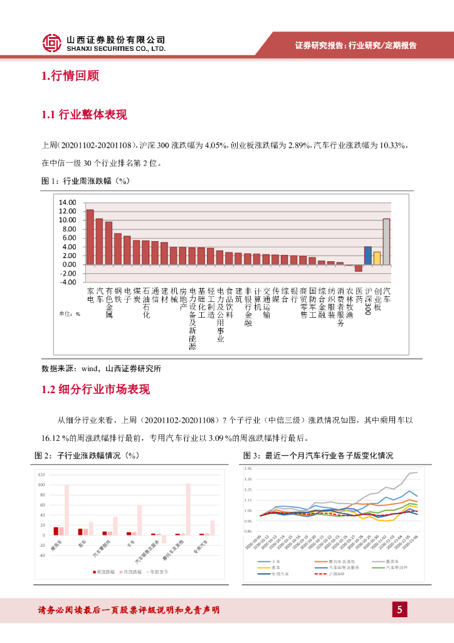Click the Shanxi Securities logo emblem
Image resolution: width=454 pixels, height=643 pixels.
click(x=52, y=43)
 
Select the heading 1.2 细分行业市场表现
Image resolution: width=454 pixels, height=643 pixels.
click(x=95, y=389)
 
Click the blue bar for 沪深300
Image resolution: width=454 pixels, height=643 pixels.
click(x=367, y=256)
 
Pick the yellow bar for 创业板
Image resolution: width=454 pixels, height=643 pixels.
click(x=377, y=258)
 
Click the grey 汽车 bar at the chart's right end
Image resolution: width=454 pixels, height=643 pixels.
click(x=386, y=242)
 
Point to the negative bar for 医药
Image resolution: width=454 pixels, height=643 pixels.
click(x=359, y=268)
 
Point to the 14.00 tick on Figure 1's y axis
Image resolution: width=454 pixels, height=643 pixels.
click(x=67, y=203)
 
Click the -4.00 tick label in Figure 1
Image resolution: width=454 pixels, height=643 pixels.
click(x=67, y=282)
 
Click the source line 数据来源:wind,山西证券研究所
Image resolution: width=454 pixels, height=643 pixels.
click(x=105, y=369)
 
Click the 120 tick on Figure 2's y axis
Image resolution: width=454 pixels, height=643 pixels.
click(x=41, y=474)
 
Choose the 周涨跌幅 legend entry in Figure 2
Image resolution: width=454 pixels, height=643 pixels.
click(x=107, y=572)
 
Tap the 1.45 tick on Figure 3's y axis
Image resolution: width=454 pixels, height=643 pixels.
click(x=248, y=469)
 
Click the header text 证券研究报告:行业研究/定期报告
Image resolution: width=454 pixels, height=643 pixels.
click(x=356, y=45)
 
